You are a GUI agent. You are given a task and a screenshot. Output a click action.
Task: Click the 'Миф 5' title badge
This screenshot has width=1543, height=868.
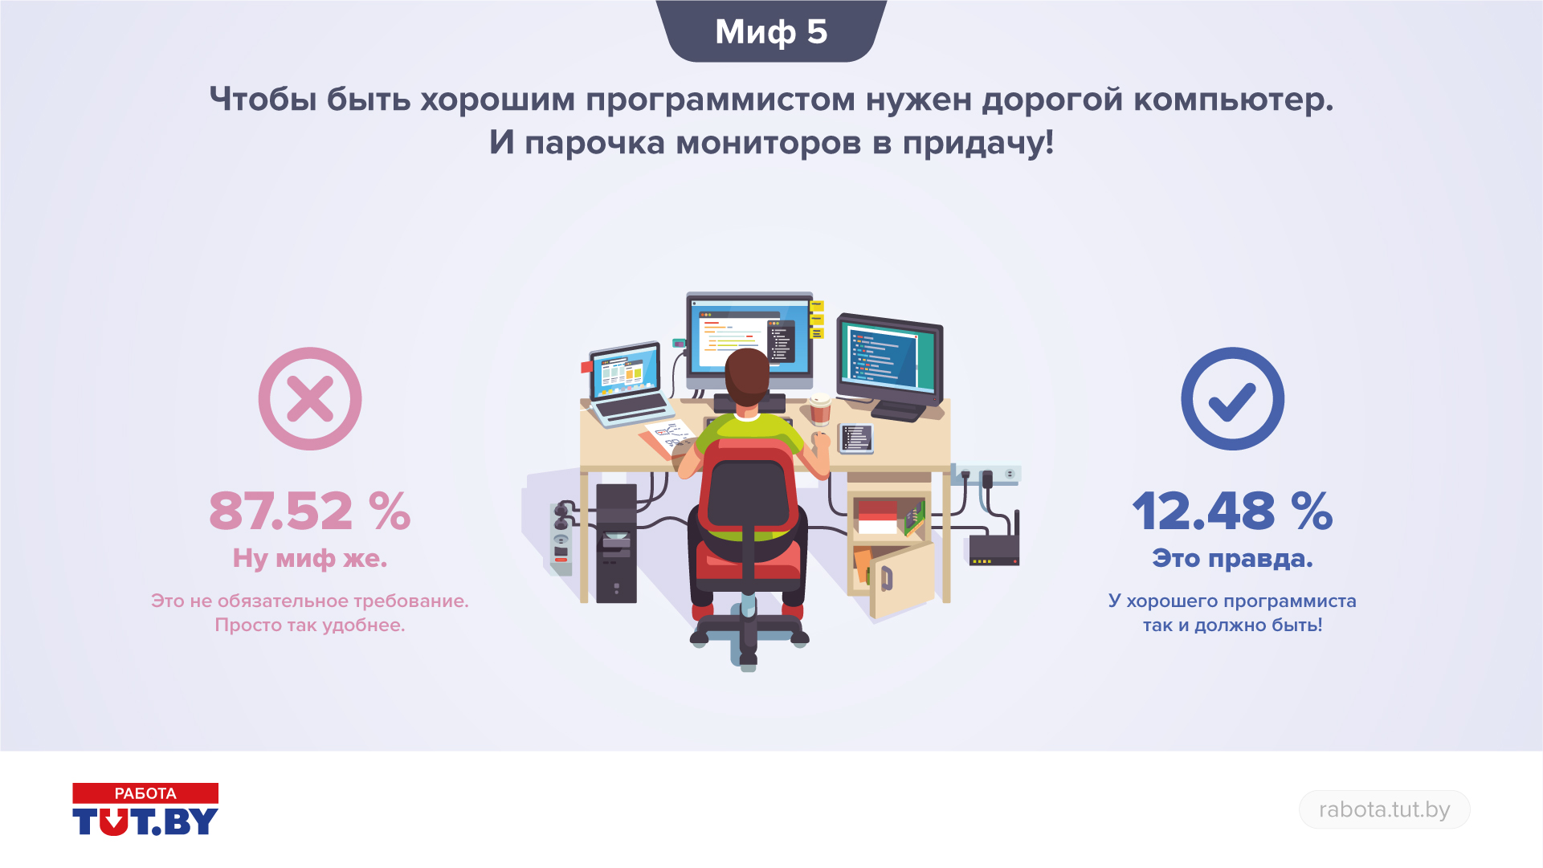point(771,31)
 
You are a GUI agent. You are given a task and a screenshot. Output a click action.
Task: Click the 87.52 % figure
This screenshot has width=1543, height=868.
point(310,511)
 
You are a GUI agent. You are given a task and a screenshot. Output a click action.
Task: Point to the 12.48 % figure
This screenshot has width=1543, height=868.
point(1232,511)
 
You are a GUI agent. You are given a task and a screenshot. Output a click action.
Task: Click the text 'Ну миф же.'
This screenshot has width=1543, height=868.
point(310,558)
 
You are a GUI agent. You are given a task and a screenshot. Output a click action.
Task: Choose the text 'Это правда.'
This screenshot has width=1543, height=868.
point(1232,558)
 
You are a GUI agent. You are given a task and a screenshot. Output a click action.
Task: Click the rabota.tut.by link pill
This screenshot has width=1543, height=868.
point(1385,809)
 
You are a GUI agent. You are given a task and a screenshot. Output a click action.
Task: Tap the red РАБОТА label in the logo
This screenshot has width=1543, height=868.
point(145,793)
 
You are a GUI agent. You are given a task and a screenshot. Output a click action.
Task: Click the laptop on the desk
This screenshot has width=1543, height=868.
point(627,384)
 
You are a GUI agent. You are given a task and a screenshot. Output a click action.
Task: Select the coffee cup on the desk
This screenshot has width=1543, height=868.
point(820,409)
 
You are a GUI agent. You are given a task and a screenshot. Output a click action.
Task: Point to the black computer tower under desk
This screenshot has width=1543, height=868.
point(616,543)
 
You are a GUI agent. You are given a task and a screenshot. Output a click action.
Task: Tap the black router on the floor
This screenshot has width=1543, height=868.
point(994,548)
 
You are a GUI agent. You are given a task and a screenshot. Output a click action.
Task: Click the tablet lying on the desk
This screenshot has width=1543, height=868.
point(855,438)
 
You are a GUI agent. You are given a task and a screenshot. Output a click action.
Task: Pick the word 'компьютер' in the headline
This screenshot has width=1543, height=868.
point(1233,100)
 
